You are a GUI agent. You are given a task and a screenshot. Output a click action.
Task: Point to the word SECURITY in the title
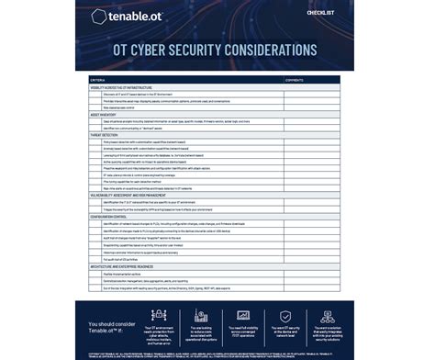[x=217, y=49]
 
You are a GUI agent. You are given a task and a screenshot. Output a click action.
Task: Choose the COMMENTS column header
[x=296, y=80]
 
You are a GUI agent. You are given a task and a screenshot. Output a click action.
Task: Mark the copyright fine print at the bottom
[x=217, y=353]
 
